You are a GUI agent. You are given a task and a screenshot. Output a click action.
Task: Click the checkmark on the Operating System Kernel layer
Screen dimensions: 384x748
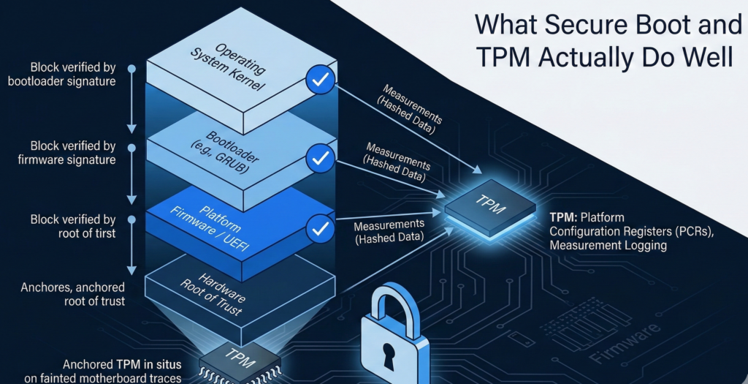(x=320, y=80)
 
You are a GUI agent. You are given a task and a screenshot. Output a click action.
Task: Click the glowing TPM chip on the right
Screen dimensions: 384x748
(x=491, y=208)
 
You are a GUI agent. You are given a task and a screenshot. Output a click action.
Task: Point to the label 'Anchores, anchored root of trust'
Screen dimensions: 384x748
(x=73, y=294)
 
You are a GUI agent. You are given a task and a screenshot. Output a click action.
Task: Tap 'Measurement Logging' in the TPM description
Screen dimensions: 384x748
(x=608, y=246)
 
